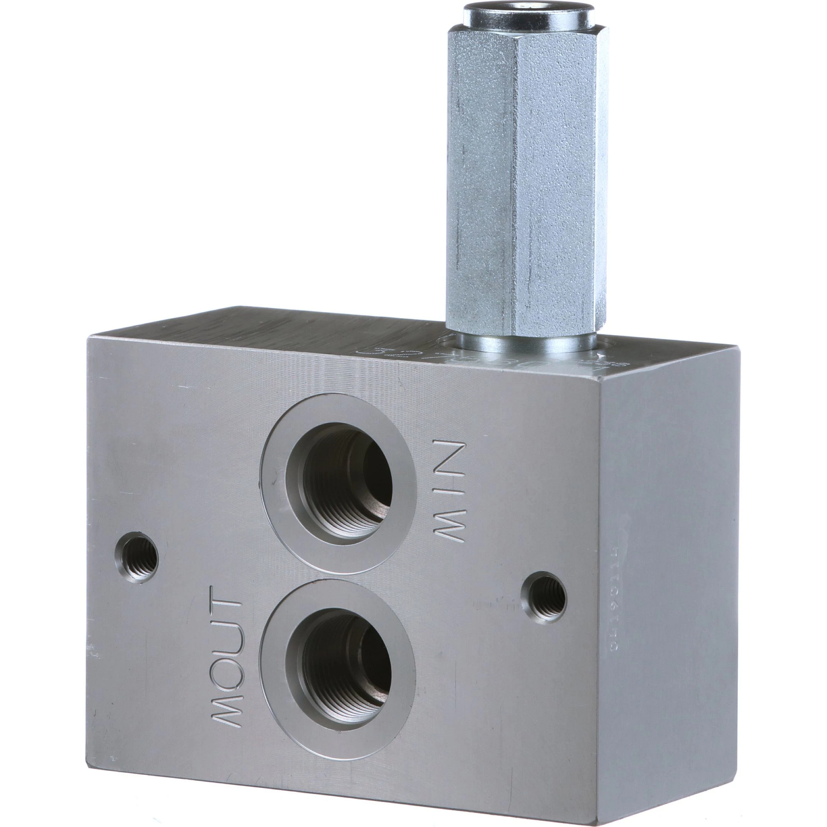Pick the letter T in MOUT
(226, 608)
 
